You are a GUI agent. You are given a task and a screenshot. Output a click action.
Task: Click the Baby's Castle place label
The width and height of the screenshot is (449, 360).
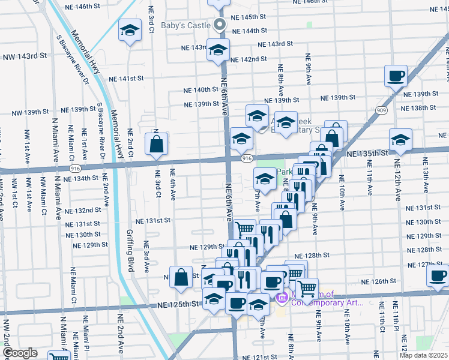pyautogui.click(x=185, y=25)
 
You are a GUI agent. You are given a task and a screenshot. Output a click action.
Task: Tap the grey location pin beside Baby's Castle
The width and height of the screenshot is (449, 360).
pyautogui.click(x=220, y=25)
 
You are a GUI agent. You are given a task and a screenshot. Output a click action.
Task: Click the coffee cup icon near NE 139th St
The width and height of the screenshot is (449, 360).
pyautogui.click(x=396, y=76)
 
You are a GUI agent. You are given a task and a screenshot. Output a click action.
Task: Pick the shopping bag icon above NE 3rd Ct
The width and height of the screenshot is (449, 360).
pyautogui.click(x=156, y=144)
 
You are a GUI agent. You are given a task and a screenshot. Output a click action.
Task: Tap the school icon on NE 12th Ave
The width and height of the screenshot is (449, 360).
pyautogui.click(x=400, y=140)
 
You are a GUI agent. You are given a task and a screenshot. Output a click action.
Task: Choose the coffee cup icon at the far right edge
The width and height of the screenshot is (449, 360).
pyautogui.click(x=438, y=277)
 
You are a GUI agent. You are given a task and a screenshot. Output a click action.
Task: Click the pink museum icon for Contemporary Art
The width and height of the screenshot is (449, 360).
pyautogui.click(x=280, y=297)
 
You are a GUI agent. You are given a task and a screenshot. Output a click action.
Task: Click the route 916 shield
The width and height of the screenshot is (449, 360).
pyautogui.click(x=247, y=158)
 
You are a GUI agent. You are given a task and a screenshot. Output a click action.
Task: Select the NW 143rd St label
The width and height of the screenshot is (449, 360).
pyautogui.click(x=25, y=56)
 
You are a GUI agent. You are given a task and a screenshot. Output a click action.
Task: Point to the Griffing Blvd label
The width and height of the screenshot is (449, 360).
pyautogui.click(x=129, y=250)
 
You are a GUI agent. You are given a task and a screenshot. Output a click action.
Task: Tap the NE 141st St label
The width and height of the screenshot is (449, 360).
pyautogui.click(x=127, y=79)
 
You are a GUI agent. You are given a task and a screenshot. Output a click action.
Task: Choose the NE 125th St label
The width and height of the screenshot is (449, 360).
pyautogui.click(x=178, y=305)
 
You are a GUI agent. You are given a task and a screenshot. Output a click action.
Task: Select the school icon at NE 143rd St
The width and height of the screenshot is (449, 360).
pyautogui.click(x=218, y=50)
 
